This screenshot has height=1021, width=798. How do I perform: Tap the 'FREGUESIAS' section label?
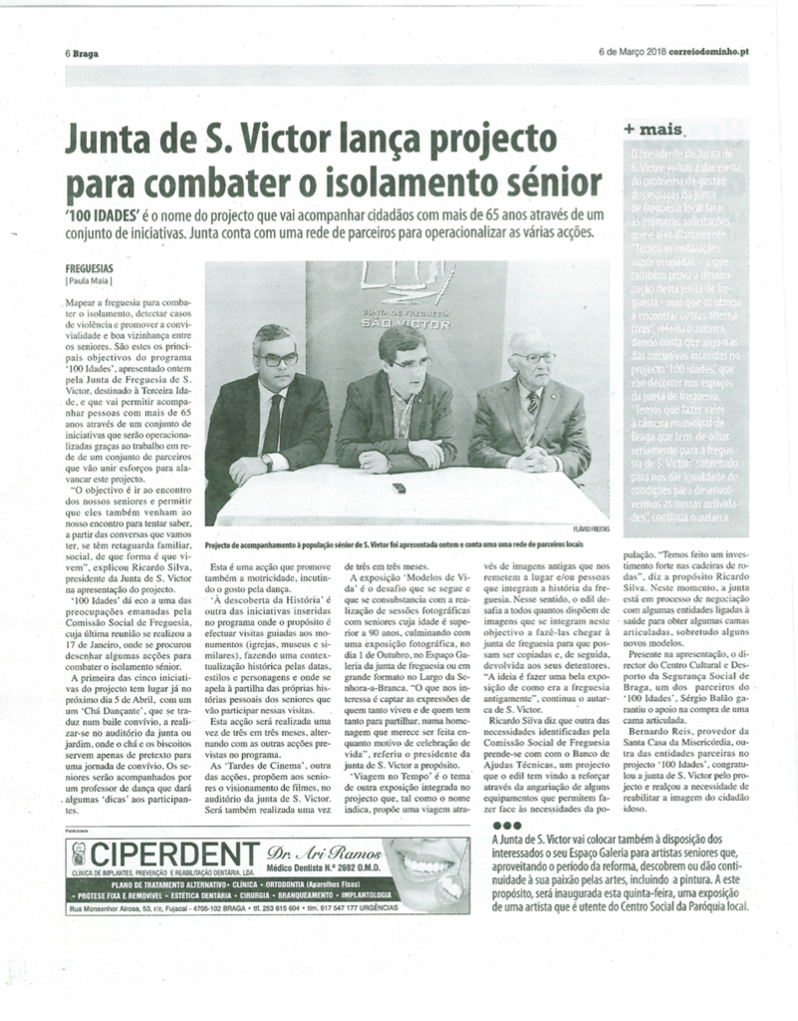90,269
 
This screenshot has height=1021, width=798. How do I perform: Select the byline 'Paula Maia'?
91,281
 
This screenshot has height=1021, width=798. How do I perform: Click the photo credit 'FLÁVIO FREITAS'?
591,528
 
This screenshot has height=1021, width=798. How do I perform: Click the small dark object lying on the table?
399,489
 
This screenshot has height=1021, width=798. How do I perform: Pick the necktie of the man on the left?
273,419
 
